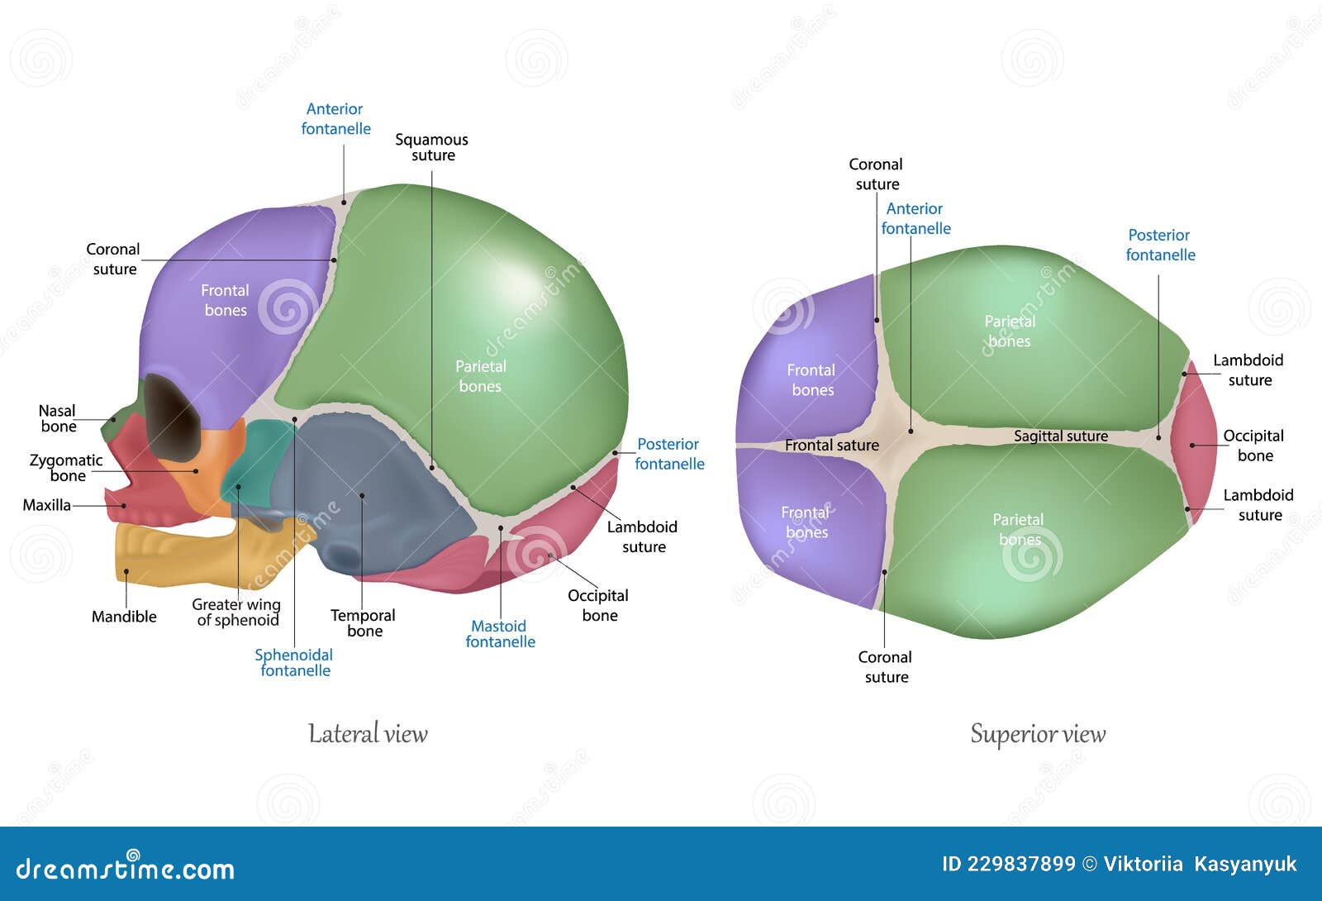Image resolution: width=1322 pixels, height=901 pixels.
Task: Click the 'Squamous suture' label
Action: pos(431,147)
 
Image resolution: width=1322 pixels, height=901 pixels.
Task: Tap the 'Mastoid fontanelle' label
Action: pos(500,633)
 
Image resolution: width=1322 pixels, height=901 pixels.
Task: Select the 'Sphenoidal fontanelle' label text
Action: pos(294,662)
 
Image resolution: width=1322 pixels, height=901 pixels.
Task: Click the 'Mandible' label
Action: pos(124,616)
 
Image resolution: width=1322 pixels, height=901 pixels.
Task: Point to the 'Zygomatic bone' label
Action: pos(66,467)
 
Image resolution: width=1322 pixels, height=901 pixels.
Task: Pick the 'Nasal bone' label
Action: pos(58,418)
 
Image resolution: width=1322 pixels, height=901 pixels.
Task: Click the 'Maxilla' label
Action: pos(46,505)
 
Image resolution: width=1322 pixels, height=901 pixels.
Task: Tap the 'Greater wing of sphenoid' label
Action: pos(236,612)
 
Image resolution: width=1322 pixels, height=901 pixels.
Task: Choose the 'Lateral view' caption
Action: pos(368,733)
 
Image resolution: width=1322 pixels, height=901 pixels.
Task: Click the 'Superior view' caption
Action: pos(1038,733)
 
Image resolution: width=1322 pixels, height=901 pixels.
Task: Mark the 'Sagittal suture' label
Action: pos(1061,436)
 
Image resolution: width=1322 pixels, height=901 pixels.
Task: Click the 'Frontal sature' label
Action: pos(831,445)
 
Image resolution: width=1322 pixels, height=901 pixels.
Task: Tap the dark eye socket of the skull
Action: pos(171,417)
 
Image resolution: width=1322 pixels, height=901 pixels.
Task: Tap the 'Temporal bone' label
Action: pos(364,622)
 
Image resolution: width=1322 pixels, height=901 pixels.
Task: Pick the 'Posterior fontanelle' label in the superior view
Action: pos(1160,245)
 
